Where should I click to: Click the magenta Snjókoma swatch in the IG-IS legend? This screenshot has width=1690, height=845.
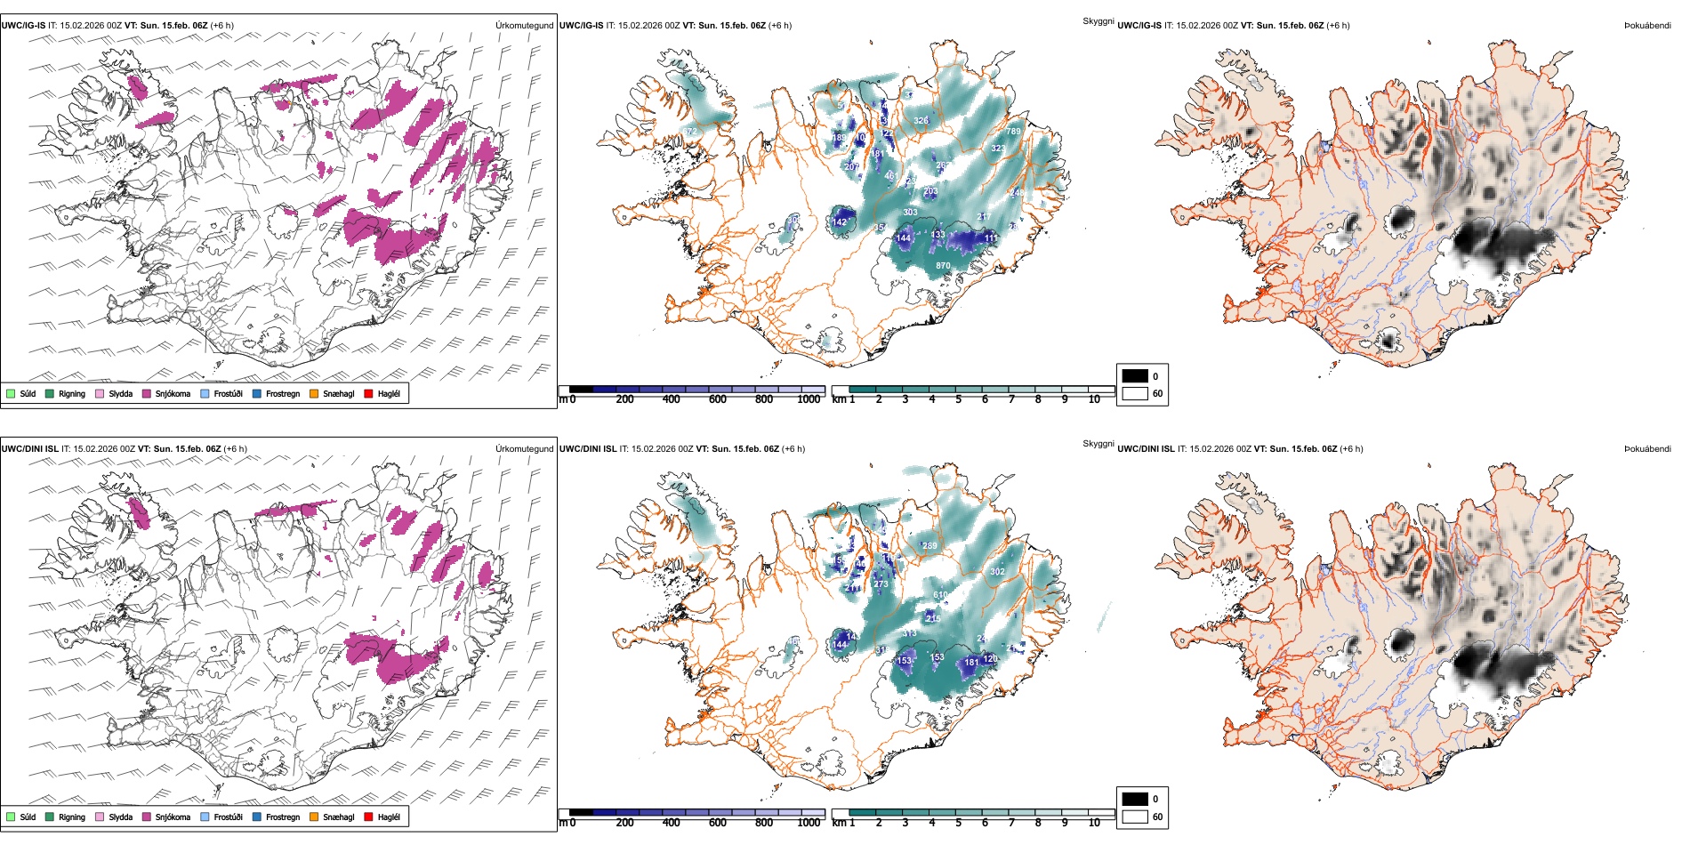(x=147, y=393)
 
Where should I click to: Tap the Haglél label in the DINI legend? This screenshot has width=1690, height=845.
(x=389, y=817)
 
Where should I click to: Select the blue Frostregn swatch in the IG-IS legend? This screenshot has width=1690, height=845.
(x=257, y=393)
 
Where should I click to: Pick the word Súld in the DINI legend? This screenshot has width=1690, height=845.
(x=28, y=817)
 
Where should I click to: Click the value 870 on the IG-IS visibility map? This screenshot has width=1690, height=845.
(x=943, y=266)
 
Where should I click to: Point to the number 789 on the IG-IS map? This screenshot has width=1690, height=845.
(x=1013, y=132)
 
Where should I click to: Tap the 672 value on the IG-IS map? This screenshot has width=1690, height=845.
(x=690, y=132)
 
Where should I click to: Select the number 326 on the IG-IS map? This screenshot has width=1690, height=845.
(x=921, y=121)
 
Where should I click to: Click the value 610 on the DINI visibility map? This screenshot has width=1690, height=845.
(x=940, y=595)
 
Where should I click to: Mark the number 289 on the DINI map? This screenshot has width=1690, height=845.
(x=929, y=546)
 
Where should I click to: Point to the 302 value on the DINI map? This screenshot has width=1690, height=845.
(x=997, y=572)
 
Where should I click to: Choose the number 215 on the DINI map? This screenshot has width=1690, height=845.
(x=933, y=618)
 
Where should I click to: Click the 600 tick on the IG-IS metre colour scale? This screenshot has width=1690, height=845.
(x=718, y=399)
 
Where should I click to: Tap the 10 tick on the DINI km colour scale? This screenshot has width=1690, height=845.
(x=1094, y=823)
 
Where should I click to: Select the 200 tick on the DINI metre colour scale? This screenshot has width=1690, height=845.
(x=625, y=823)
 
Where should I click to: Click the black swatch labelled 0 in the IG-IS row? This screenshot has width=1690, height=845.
(x=1135, y=376)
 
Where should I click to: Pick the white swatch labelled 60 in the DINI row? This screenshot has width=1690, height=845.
(x=1135, y=817)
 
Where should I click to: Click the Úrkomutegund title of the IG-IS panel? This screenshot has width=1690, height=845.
(x=524, y=26)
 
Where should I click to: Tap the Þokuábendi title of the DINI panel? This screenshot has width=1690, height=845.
(x=1647, y=449)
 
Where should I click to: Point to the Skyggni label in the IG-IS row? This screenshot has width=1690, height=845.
(x=1098, y=21)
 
